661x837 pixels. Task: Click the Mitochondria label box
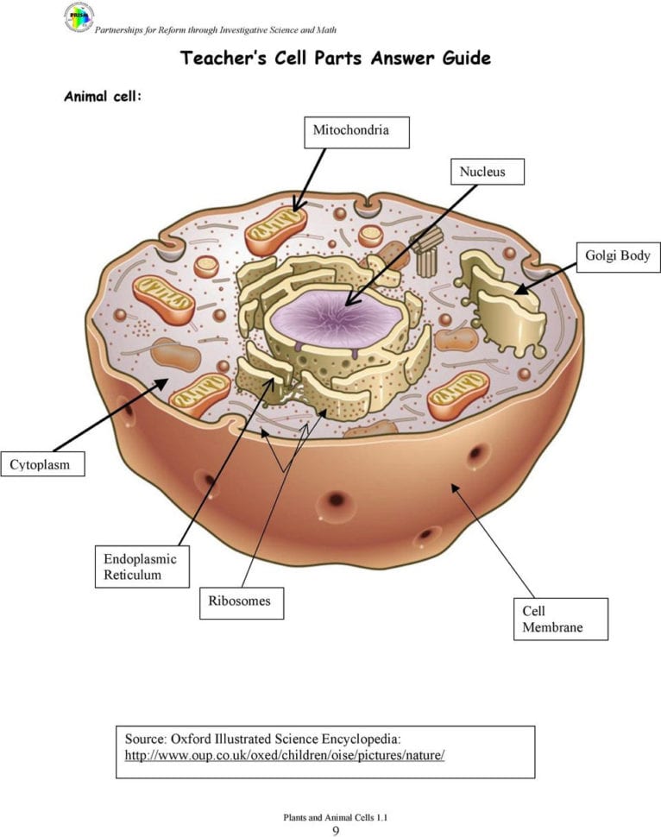pos(356,132)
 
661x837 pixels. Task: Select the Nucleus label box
pos(488,172)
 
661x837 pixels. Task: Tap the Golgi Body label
pos(619,257)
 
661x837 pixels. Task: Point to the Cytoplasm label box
pos(42,464)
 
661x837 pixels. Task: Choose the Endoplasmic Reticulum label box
pos(142,566)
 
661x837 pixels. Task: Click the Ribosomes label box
pos(242,603)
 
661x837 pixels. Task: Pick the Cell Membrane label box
pos(561,619)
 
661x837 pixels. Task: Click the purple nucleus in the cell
pos(337,318)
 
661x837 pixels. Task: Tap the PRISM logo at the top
pos(79,17)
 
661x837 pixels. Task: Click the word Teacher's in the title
pos(223,58)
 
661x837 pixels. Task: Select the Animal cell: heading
pos(103,96)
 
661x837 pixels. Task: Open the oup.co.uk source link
pos(285,755)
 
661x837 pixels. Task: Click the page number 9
pos(336,830)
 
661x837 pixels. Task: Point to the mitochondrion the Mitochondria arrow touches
pos(275,230)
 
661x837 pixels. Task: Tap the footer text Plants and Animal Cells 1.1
pos(336,817)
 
